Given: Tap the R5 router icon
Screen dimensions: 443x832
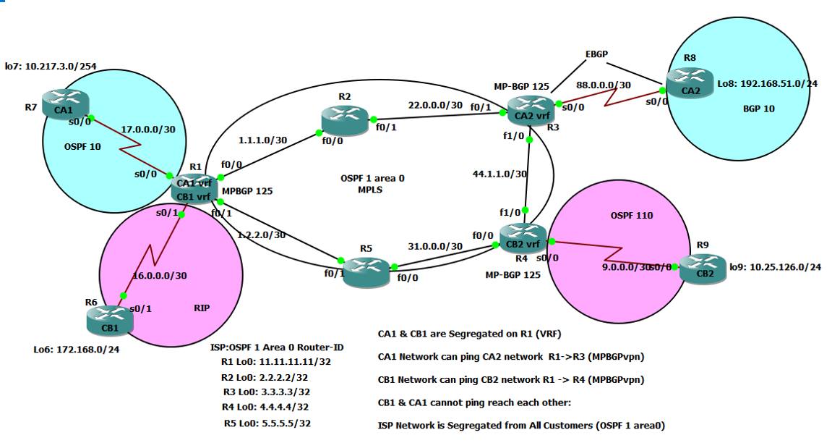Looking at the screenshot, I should click(x=365, y=271).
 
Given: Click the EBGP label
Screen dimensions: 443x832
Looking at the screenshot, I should click(x=596, y=54).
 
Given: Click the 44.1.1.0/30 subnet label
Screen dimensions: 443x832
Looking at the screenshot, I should click(x=498, y=174).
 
